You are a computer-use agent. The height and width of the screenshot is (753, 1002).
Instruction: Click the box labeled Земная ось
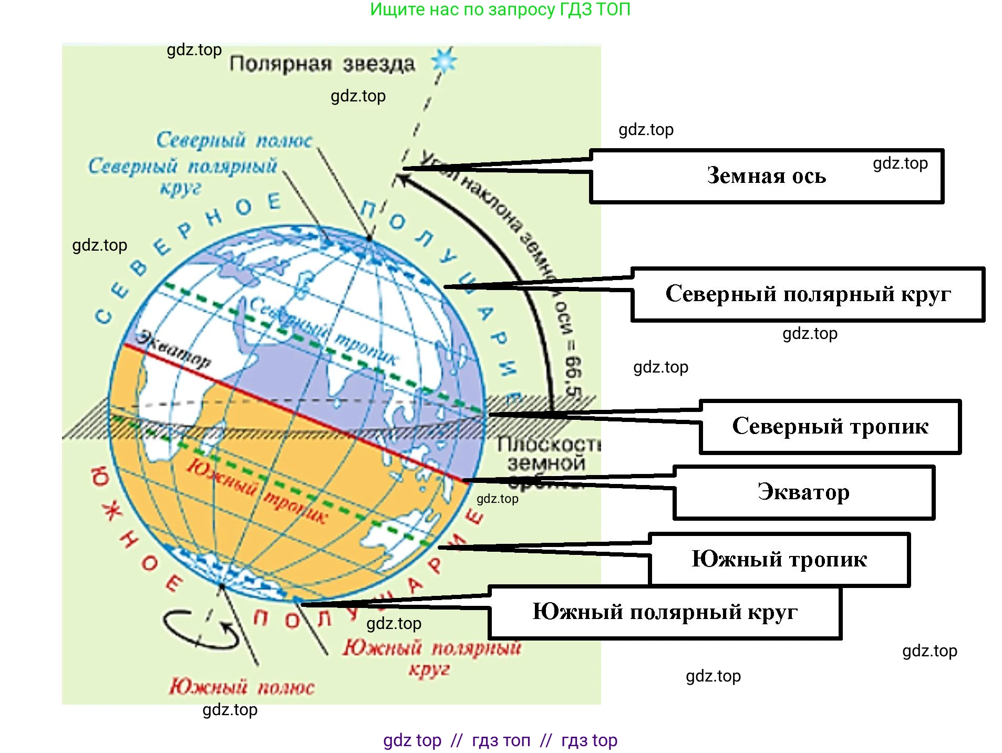point(766,176)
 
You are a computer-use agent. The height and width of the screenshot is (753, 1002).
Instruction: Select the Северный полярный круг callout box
point(808,294)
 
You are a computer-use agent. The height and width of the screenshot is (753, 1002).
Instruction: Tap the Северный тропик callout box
point(830,427)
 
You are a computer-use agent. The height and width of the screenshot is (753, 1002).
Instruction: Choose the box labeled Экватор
point(803,492)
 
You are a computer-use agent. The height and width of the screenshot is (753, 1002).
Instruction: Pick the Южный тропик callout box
point(779,559)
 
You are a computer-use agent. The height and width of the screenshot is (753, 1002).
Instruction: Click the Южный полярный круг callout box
point(665,612)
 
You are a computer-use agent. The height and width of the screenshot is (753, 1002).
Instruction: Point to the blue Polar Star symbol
point(445,61)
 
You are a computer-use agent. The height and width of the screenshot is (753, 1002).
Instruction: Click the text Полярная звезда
point(322,64)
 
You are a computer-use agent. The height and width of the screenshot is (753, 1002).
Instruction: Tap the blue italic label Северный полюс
point(234,140)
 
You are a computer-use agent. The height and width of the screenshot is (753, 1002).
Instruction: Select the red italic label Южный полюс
point(242,687)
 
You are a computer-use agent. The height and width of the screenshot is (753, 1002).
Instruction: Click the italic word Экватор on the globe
point(174,349)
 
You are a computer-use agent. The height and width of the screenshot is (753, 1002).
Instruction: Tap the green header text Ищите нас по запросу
point(500,9)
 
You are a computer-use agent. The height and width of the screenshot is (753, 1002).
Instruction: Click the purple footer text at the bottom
point(500,740)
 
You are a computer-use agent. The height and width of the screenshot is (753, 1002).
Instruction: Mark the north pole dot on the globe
point(369,239)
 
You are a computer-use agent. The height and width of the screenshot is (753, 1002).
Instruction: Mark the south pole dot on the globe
point(222,586)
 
